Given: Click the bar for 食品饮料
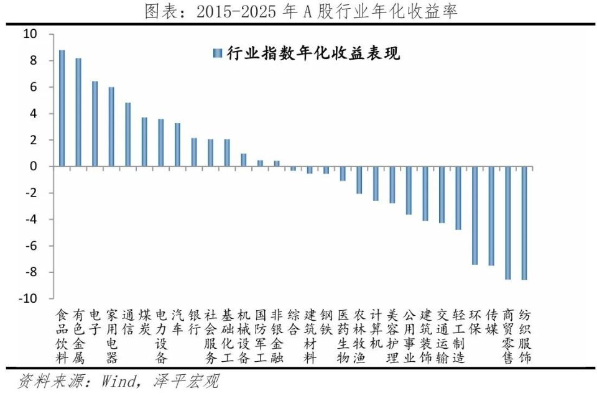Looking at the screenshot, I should [62, 108].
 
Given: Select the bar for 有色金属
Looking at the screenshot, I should [78, 113].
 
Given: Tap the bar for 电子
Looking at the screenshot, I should [95, 124].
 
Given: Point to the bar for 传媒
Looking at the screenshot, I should [491, 216].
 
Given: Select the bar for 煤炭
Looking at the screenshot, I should [144, 142].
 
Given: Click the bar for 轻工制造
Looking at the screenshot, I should [458, 198].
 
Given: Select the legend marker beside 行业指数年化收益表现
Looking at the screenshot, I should [217, 53].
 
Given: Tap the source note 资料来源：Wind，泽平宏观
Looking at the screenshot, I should [119, 380].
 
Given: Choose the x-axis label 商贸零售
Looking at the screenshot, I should [508, 336].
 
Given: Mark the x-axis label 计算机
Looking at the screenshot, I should [376, 328].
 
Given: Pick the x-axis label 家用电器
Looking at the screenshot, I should [111, 336].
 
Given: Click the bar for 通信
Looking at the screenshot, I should [128, 134].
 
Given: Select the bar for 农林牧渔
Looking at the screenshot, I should [359, 180].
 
